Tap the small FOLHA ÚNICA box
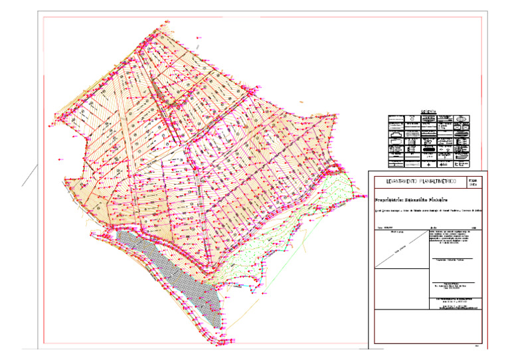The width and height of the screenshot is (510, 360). [x=473, y=182]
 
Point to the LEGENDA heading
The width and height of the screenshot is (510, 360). [x=429, y=112]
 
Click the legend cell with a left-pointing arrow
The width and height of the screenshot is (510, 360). [x=445, y=164]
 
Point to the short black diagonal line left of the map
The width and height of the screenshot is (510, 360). [x=29, y=175]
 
